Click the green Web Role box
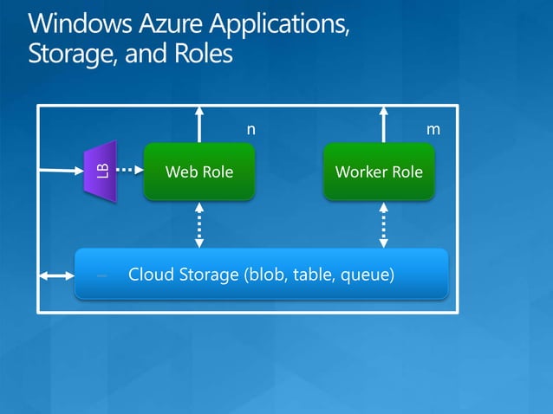[x=199, y=171]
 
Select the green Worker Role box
[x=379, y=171]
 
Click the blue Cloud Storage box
[x=261, y=275]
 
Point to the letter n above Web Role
[x=251, y=129]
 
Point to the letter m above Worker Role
[x=433, y=129]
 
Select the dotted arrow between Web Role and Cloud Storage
[x=200, y=224]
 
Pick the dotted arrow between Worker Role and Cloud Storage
[x=384, y=224]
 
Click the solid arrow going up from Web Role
[x=200, y=123]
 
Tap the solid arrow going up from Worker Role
[x=384, y=123]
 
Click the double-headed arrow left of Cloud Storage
[x=56, y=276]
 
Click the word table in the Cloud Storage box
[x=314, y=275]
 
